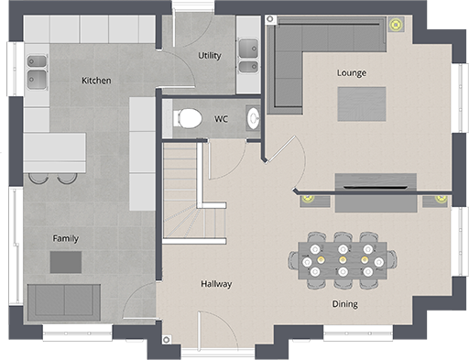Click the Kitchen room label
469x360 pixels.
point(96,81)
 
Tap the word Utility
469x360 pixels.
point(210,56)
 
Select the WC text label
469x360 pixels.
point(221,118)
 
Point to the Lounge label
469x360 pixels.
point(352,72)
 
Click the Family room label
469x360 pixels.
point(65,238)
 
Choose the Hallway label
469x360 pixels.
point(216,284)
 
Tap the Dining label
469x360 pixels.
point(344,304)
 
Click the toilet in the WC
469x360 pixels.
point(189,117)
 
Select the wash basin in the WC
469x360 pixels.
point(253,117)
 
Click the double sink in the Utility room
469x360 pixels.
point(247,56)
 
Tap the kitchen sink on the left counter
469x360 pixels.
point(37,70)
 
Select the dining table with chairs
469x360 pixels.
point(343,260)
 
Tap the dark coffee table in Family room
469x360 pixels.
point(65,262)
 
